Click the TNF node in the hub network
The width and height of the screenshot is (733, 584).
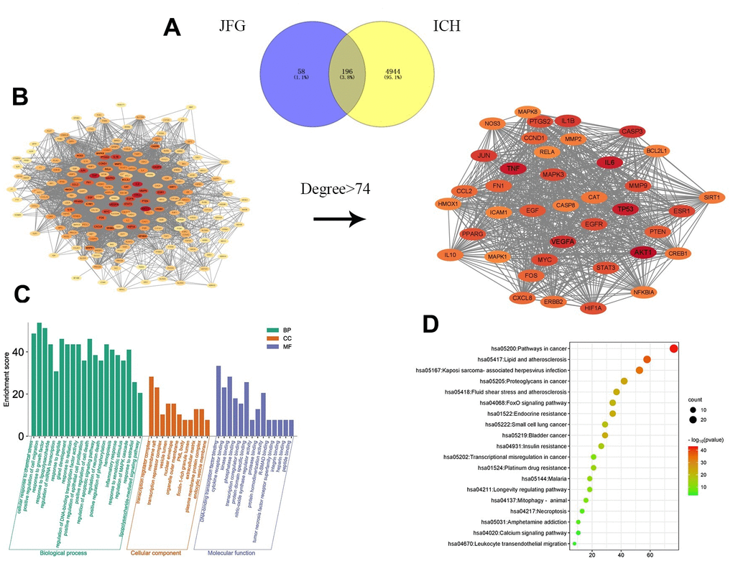click(x=513, y=168)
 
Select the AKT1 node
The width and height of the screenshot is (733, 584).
click(x=642, y=252)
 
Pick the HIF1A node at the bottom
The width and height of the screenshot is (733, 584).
click(x=594, y=308)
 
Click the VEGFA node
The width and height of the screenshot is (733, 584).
click(x=567, y=242)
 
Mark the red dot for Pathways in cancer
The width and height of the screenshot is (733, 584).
click(x=674, y=348)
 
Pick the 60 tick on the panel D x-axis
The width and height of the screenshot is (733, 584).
click(x=650, y=555)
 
